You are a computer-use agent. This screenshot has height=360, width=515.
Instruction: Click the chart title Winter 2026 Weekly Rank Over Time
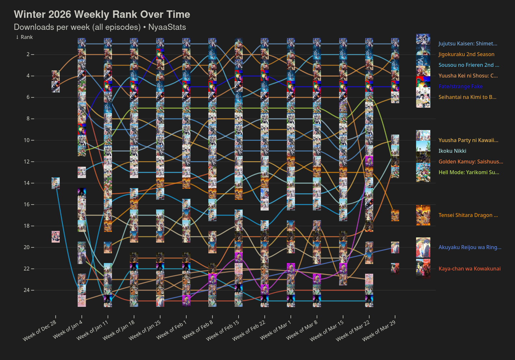[x=102, y=15]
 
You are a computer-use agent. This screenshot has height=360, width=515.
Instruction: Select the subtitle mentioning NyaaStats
[x=100, y=27]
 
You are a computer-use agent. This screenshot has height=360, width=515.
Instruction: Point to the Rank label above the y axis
[x=24, y=37]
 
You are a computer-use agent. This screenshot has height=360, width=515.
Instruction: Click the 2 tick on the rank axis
[x=28, y=54]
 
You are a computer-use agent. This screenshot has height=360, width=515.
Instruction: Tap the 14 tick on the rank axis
[x=27, y=183]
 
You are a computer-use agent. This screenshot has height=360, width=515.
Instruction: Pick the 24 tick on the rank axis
[x=27, y=290]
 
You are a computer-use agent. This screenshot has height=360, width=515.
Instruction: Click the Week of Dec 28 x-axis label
[x=40, y=330]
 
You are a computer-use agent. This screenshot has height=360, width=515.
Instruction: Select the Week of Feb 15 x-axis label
[x=223, y=330]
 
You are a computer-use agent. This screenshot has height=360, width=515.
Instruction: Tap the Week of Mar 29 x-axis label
[x=379, y=330]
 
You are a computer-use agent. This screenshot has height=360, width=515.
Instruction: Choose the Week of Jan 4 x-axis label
[x=68, y=330]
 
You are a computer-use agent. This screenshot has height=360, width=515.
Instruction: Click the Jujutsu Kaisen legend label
[x=468, y=44]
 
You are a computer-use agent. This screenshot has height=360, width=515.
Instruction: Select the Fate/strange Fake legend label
[x=460, y=87]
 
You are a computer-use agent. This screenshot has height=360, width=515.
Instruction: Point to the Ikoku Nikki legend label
[x=452, y=151]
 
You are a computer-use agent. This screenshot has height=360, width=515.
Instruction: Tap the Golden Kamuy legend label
[x=471, y=162]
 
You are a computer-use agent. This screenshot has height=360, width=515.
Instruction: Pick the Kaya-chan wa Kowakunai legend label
[x=469, y=269]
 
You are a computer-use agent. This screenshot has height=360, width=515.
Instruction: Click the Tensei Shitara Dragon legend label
[x=468, y=215]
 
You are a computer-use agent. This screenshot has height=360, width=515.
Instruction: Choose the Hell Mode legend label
[x=469, y=173]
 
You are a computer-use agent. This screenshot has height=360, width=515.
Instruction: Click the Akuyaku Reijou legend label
[x=470, y=247]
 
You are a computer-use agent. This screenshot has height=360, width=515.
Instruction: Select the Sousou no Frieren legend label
[x=469, y=65]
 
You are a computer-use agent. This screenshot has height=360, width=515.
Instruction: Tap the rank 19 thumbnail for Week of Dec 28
[x=55, y=237]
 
